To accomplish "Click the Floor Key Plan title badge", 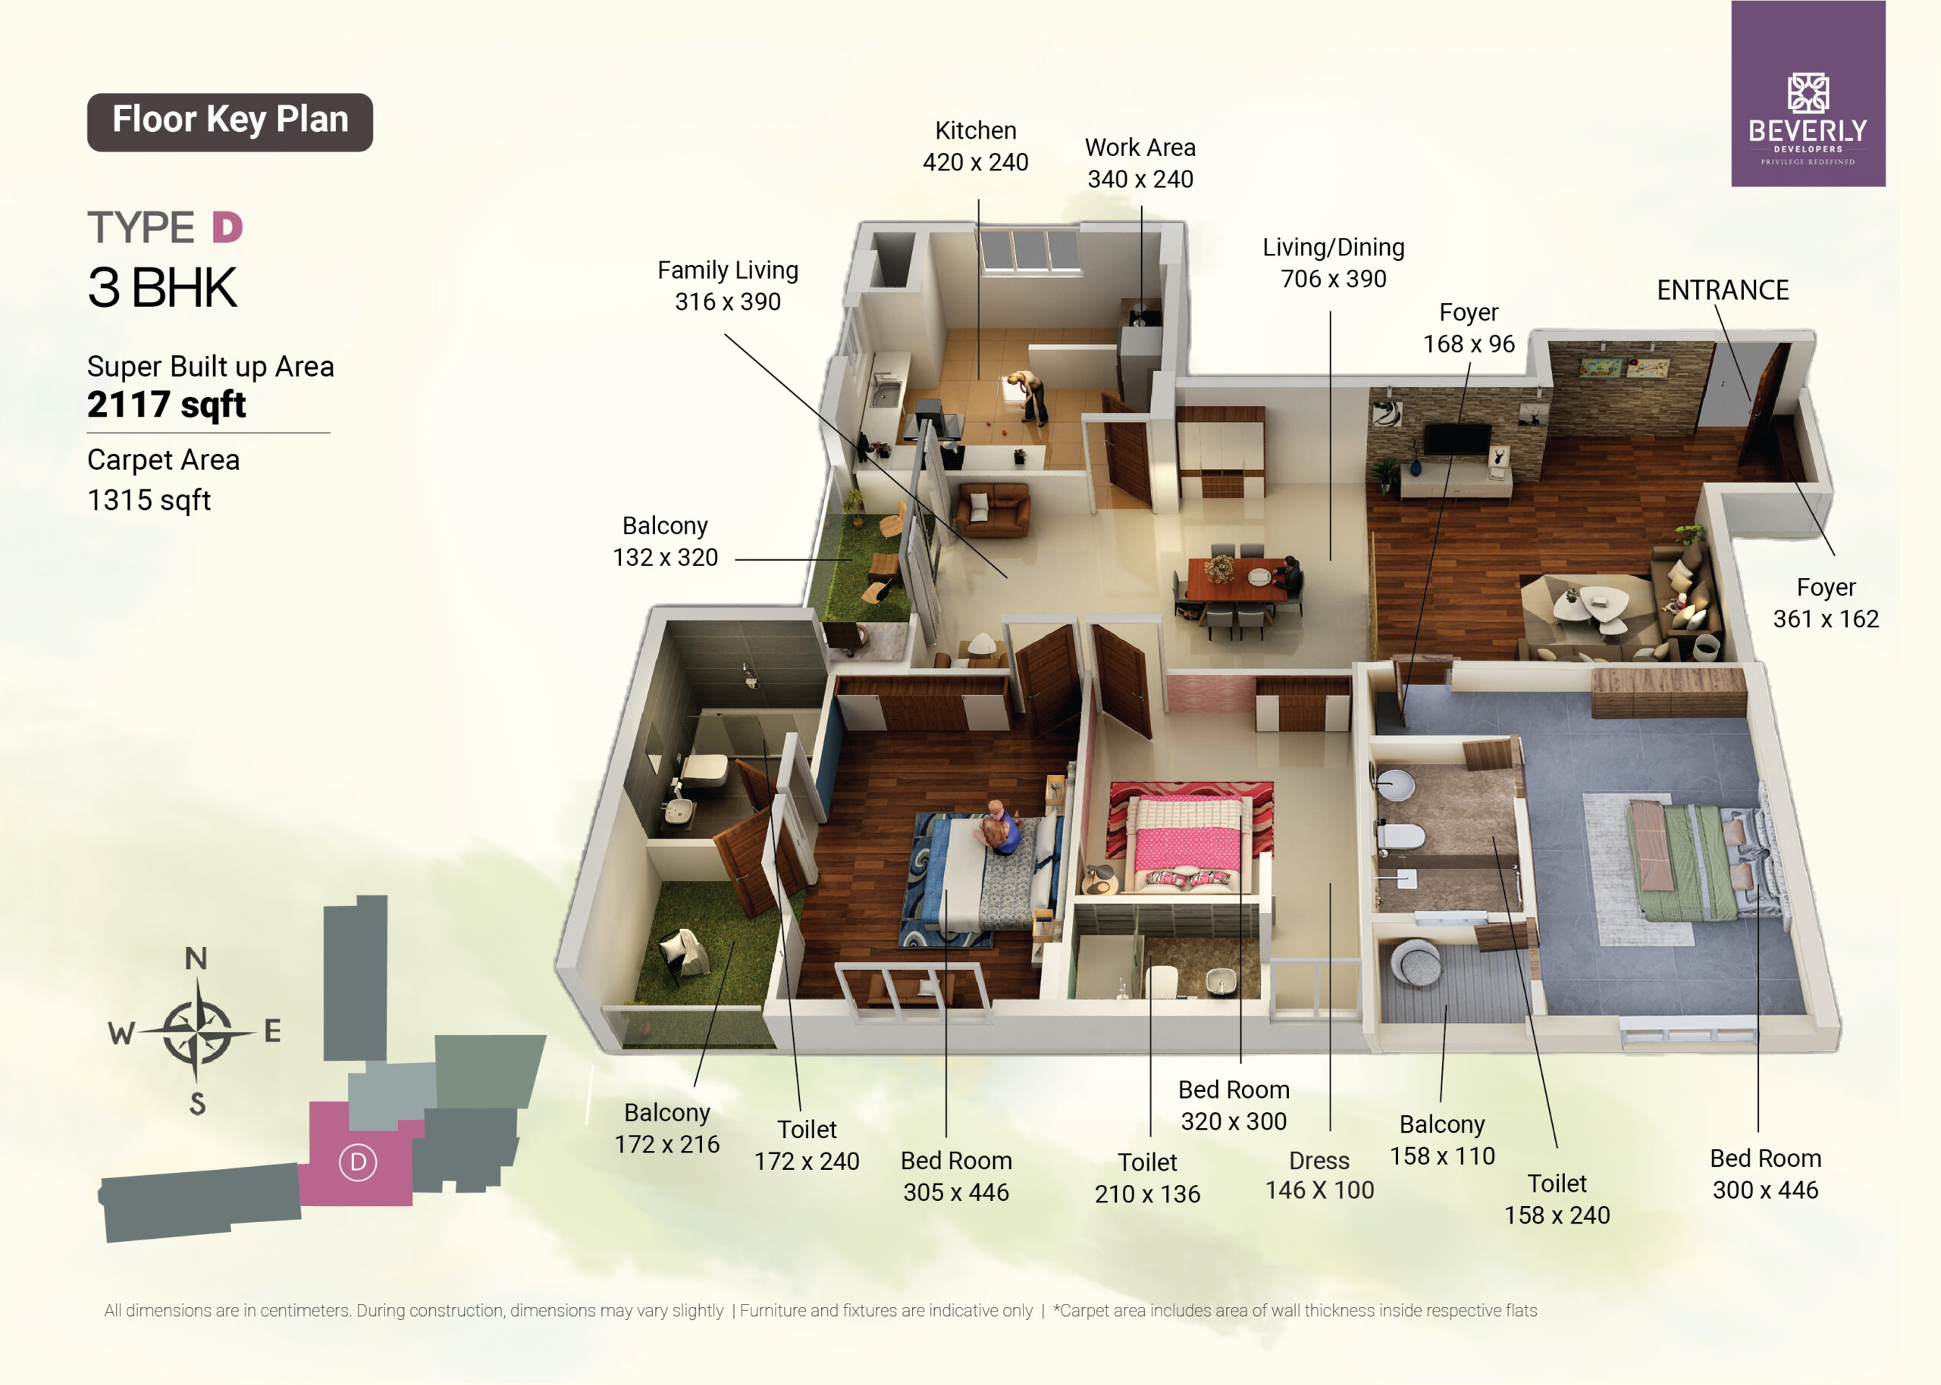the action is tap(230, 122).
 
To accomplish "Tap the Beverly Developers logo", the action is tap(1808, 94).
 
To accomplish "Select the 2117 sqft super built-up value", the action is tap(166, 405).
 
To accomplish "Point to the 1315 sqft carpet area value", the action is tap(149, 500).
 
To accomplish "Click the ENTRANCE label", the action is tap(1723, 290).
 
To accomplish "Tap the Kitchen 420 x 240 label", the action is tap(975, 145).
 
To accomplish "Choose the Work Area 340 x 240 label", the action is tap(1140, 163).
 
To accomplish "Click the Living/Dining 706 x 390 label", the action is tap(1334, 263).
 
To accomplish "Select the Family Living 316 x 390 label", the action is tap(728, 286).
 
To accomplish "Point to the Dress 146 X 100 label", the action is tap(1319, 1175).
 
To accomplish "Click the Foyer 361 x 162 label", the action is tap(1826, 603).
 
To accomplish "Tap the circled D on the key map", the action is tap(357, 1161).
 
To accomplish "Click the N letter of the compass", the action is tap(196, 958).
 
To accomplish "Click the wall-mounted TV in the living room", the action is tap(1457, 439).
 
